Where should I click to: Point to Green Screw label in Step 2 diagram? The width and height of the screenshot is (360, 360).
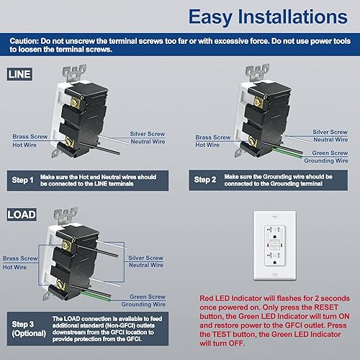pyautogui.click(x=331, y=153)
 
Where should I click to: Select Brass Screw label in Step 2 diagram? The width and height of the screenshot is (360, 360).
pyautogui.click(x=212, y=136)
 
